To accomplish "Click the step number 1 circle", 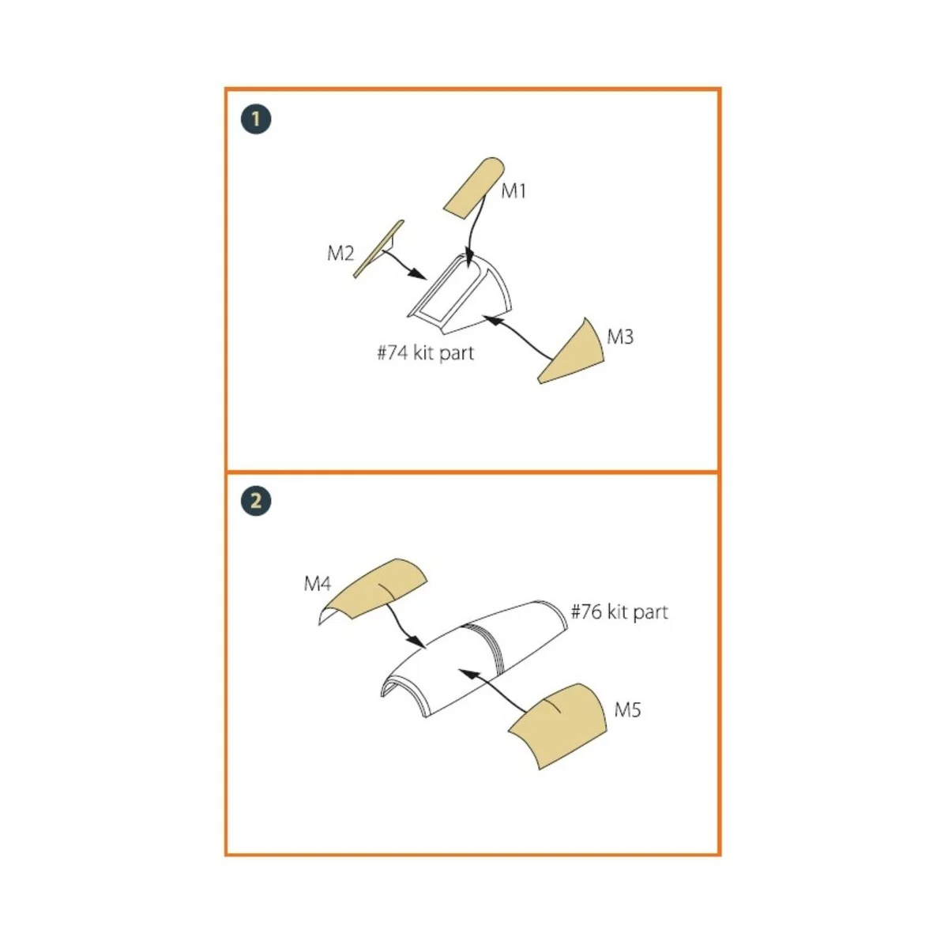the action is [256, 119].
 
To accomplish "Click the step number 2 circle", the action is [256, 502].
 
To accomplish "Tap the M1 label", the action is [513, 191].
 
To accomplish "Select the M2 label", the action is [340, 254].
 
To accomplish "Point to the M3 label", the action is [620, 337].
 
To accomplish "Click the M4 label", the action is [318, 584].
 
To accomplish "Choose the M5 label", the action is [628, 710].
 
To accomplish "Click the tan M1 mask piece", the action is [474, 188].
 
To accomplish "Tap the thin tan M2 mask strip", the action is [378, 249].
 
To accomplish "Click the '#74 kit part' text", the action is [425, 353].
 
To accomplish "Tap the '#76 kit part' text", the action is [619, 612].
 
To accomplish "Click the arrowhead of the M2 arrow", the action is [419, 274].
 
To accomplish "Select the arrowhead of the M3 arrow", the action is [493, 320].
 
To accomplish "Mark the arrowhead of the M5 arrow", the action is [468, 673].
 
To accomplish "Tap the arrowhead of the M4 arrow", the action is [417, 642].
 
